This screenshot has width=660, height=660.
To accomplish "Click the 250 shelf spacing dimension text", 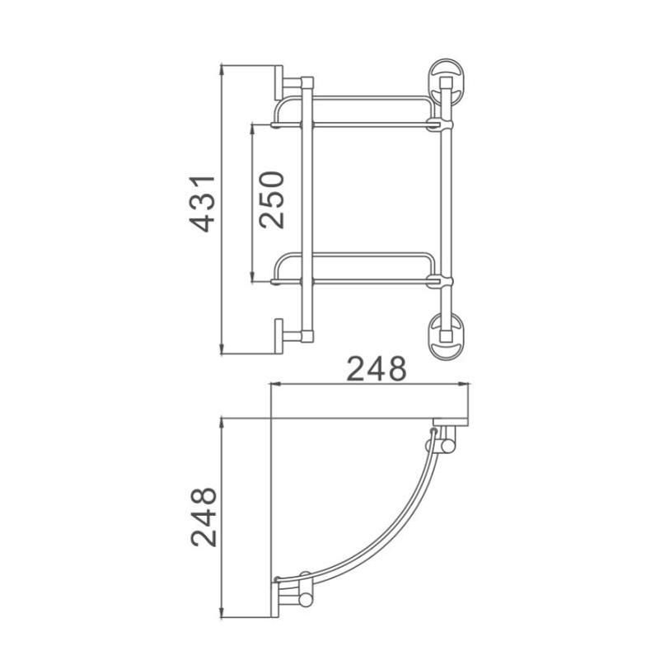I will click(x=271, y=199).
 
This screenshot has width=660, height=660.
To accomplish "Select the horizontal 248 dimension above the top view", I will click(x=375, y=368).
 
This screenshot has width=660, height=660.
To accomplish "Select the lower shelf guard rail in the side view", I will click(x=354, y=255).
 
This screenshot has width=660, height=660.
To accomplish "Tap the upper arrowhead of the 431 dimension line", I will click(x=222, y=66).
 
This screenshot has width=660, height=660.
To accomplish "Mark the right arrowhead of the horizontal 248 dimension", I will click(x=466, y=384).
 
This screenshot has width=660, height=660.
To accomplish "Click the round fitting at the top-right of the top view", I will click(x=447, y=446).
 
